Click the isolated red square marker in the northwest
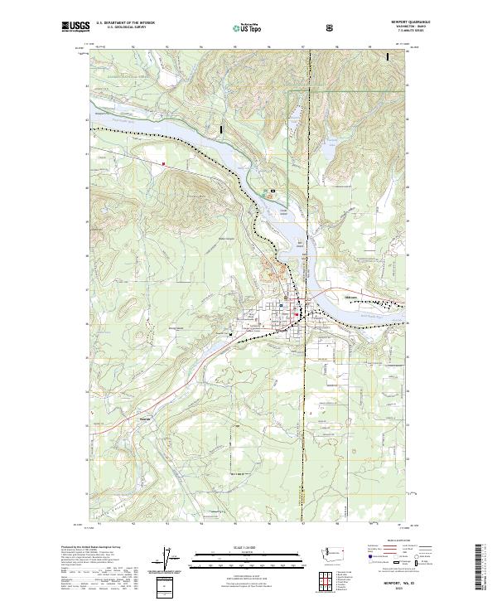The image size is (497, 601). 164,164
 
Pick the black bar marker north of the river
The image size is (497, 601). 221,130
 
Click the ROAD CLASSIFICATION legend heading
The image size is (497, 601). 396,539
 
